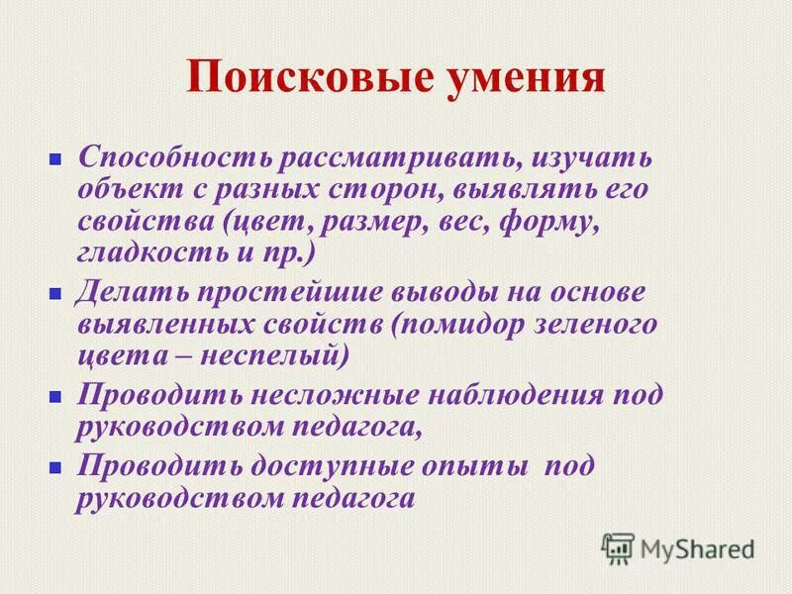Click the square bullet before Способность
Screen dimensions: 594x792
56,158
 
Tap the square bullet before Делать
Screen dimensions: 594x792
56,294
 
